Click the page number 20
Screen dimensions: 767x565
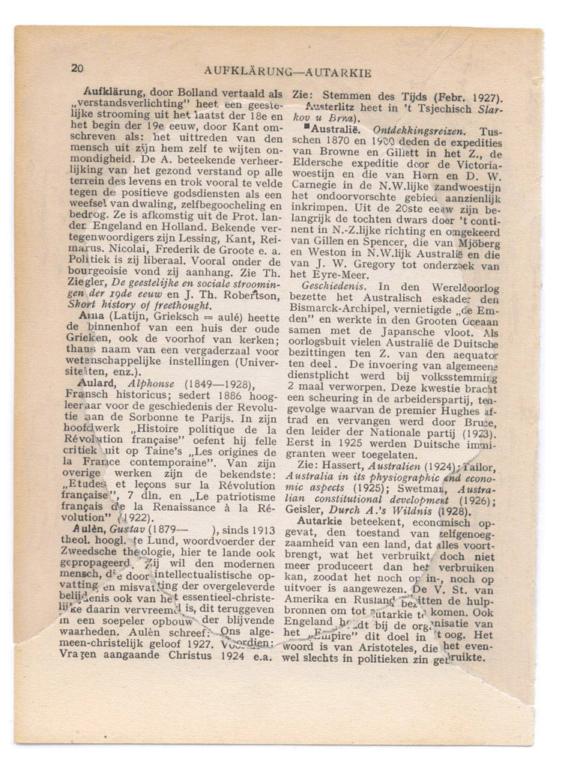(79, 67)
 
